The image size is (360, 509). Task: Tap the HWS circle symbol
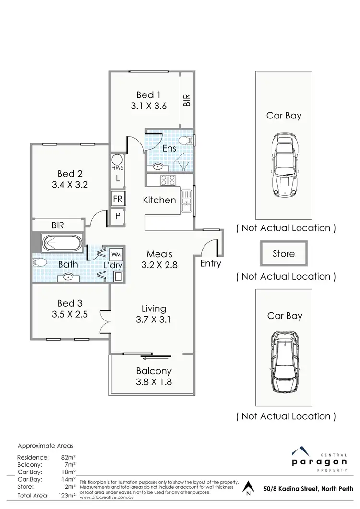[x=117, y=160]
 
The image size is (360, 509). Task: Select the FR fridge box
[x=118, y=199]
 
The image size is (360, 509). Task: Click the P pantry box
[x=118, y=216]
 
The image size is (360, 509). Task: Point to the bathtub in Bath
[x=62, y=243]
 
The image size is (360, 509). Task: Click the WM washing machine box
[x=116, y=253]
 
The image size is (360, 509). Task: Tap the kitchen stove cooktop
[x=167, y=180]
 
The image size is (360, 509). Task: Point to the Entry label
[x=210, y=263]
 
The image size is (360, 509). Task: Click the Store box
[x=283, y=253]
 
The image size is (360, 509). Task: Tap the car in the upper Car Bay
[x=283, y=164]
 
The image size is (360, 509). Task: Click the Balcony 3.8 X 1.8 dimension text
[x=154, y=382]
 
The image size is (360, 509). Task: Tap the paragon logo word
[x=319, y=462]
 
